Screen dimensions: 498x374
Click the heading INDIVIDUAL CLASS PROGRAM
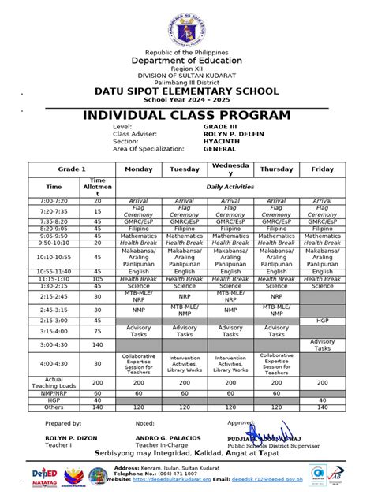(187, 116)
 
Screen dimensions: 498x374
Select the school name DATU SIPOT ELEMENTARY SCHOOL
(187, 92)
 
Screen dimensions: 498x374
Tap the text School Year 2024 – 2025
(187, 102)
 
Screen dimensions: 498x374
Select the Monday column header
(138, 169)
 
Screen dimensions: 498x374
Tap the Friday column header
(322, 169)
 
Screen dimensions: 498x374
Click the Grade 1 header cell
(72, 169)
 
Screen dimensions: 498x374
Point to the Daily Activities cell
(230, 187)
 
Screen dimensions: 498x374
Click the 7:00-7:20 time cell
(53, 201)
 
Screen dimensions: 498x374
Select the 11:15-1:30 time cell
(53, 278)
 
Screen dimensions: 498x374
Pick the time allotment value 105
(98, 278)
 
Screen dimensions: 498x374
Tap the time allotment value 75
(98, 332)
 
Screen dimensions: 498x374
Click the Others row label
(53, 407)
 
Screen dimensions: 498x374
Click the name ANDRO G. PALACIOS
(168, 438)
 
